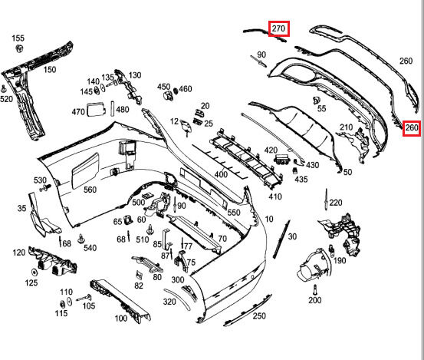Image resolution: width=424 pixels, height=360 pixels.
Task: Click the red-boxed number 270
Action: pyautogui.click(x=279, y=28)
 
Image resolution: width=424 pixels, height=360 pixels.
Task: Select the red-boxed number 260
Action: pyautogui.click(x=412, y=127)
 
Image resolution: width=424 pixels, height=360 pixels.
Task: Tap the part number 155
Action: pyautogui.click(x=18, y=38)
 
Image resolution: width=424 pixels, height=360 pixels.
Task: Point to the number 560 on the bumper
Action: pyautogui.click(x=90, y=190)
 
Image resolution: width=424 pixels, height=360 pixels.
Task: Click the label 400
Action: pyautogui.click(x=221, y=174)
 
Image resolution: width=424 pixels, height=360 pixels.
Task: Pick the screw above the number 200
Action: pyautogui.click(x=314, y=289)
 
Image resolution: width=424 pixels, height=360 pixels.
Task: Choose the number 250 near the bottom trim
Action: pyautogui.click(x=259, y=316)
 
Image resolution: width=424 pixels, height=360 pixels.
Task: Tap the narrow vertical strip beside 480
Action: pyautogui.click(x=113, y=108)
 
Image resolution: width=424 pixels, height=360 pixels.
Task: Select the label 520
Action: pyautogui.click(x=6, y=99)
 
